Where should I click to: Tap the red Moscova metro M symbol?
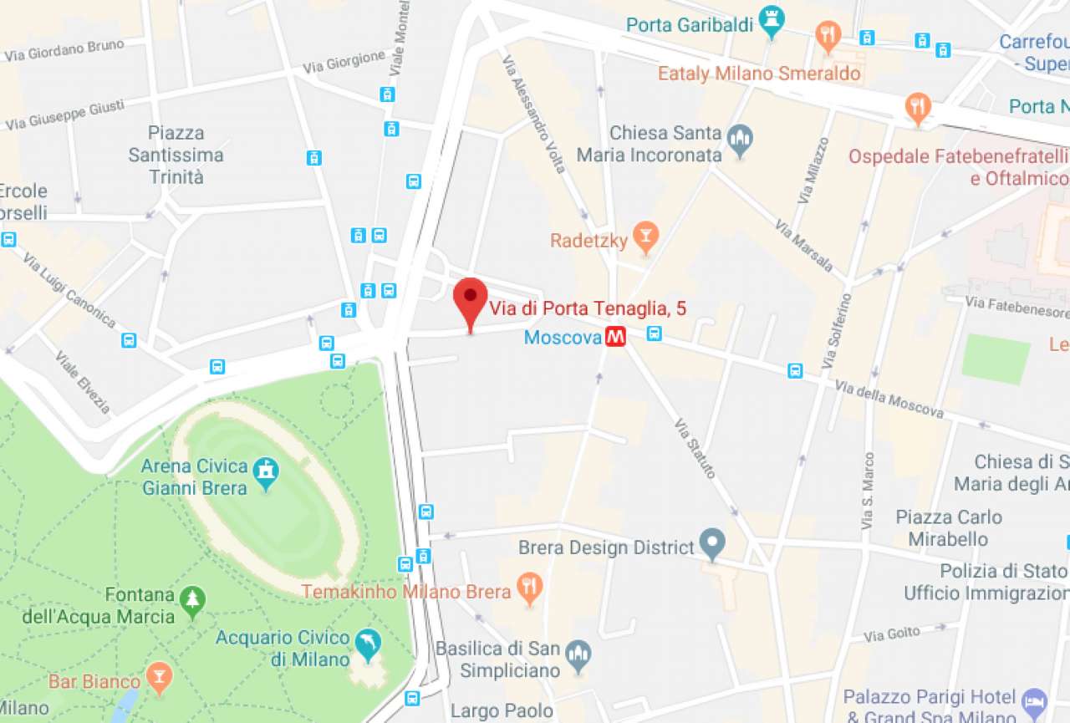click(617, 337)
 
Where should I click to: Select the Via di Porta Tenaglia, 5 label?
click(588, 308)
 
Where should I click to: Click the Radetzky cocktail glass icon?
click(645, 238)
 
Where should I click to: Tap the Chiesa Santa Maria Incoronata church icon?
click(740, 139)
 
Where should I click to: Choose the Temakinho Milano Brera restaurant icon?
click(528, 589)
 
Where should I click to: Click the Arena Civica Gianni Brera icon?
click(267, 472)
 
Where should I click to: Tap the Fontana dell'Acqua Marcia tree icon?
click(193, 601)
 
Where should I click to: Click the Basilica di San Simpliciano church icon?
click(578, 656)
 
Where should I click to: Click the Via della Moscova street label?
click(889, 400)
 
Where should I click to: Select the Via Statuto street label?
click(695, 448)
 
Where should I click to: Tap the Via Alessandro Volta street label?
click(534, 114)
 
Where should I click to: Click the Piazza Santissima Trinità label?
click(176, 155)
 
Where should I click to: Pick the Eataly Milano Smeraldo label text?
click(759, 74)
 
